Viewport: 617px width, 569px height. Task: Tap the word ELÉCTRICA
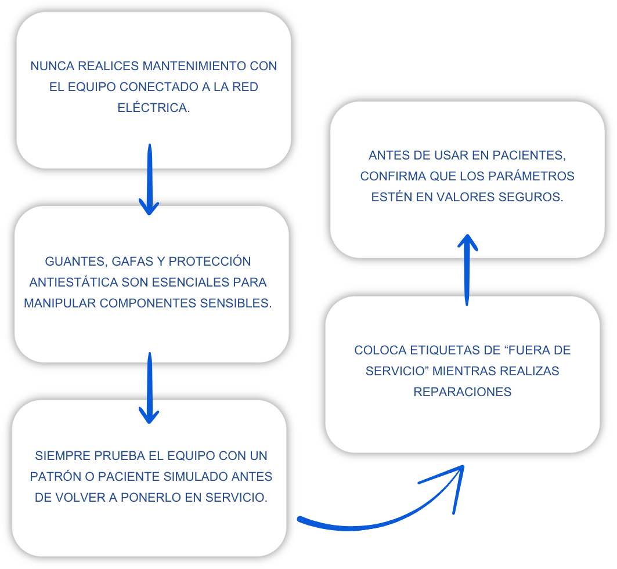[x=154, y=107]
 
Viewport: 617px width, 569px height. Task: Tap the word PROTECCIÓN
[x=210, y=261]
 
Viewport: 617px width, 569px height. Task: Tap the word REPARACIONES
[x=463, y=392]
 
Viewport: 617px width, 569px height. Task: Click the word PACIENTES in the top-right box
[x=529, y=155]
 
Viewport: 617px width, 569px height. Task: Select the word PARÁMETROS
[x=531, y=176]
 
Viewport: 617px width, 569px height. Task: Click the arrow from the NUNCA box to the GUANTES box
[x=150, y=179]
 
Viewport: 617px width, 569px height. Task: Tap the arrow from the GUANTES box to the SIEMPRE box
[x=150, y=388]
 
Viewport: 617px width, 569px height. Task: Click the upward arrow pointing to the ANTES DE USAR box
[x=467, y=270]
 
